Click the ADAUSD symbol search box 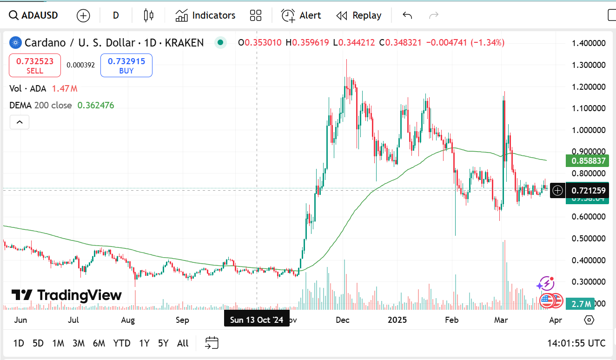[x=33, y=15]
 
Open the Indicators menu [x=205, y=15]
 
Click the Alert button [x=301, y=15]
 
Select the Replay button [x=358, y=15]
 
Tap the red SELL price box [x=35, y=66]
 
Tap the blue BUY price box [x=126, y=66]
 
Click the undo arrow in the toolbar [x=407, y=15]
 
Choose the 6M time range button [x=99, y=343]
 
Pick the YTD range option [x=122, y=343]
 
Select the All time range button [x=183, y=343]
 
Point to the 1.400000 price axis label [x=588, y=43]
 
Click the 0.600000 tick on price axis [x=588, y=217]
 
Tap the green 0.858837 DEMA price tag [x=588, y=161]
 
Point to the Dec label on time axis [x=343, y=320]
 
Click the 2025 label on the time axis [x=397, y=320]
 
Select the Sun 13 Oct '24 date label [x=257, y=320]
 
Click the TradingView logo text [x=66, y=295]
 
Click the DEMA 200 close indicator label [x=40, y=105]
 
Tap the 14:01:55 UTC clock [x=576, y=343]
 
